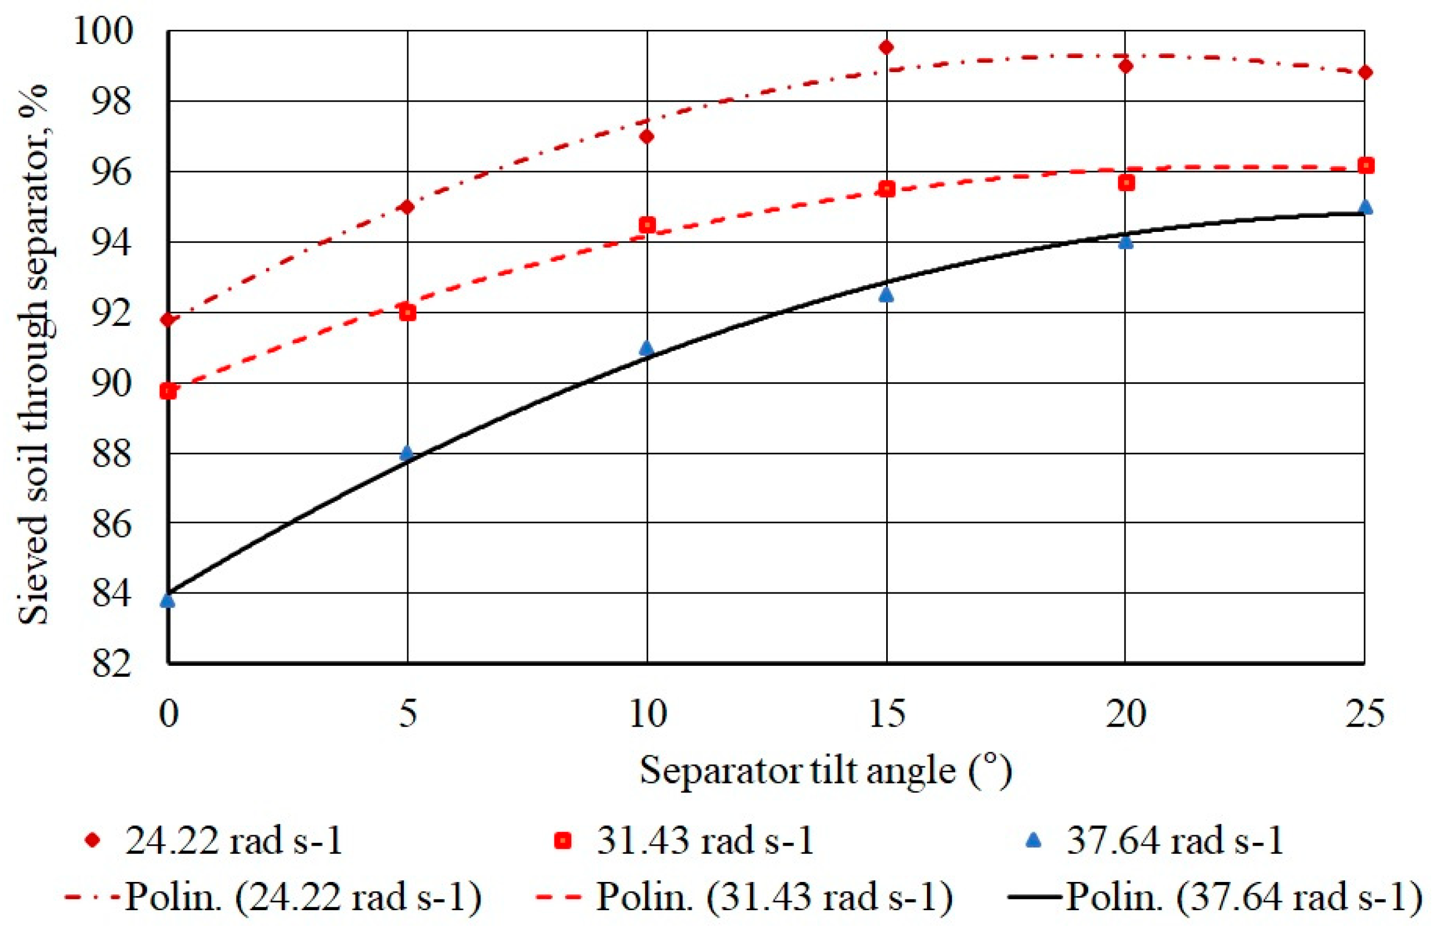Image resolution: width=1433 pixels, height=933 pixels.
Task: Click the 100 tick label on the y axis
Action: pyautogui.click(x=102, y=31)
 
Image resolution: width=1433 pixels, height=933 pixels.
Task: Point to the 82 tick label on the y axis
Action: pyautogui.click(x=111, y=665)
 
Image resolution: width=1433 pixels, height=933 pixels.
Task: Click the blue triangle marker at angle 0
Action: pyautogui.click(x=168, y=600)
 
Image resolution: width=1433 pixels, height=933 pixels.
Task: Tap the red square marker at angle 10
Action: pyautogui.click(x=647, y=225)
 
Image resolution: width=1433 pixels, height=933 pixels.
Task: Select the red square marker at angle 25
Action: pyautogui.click(x=1366, y=165)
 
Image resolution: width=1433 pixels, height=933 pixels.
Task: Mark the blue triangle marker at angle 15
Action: pyautogui.click(x=886, y=294)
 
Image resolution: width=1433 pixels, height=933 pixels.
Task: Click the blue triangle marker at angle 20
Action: pyautogui.click(x=1125, y=242)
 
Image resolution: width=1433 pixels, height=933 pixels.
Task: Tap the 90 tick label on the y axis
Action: pyautogui.click(x=111, y=383)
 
